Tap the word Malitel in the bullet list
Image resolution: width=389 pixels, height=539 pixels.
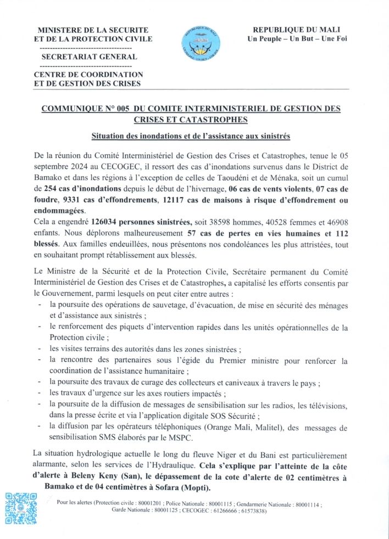(x=264, y=428)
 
